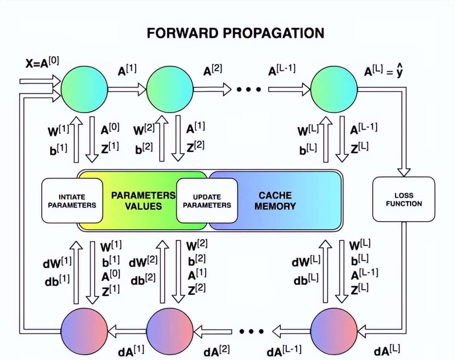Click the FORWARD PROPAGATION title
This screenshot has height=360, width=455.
click(x=235, y=33)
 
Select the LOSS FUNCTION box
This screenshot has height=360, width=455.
click(x=403, y=199)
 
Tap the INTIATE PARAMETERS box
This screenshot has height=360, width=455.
click(x=72, y=201)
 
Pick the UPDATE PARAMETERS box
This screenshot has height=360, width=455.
click(x=206, y=201)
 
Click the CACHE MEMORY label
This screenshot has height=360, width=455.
click(x=275, y=201)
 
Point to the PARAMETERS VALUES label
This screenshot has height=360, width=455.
click(x=143, y=201)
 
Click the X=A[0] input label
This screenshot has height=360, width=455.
click(x=42, y=62)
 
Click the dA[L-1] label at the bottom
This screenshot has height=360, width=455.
click(x=284, y=351)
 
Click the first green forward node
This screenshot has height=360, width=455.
click(x=84, y=89)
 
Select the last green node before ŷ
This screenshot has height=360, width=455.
click(x=334, y=89)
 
